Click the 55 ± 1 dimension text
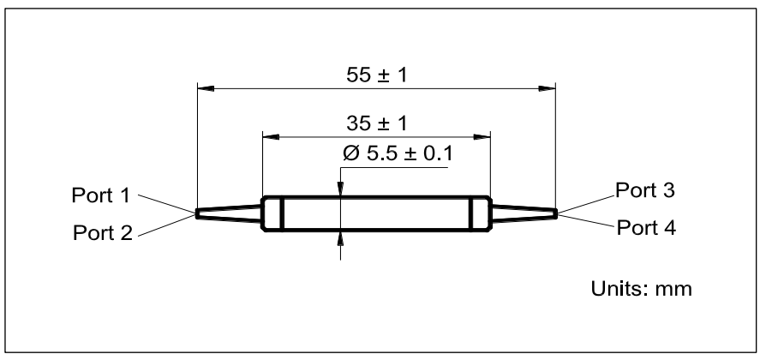pos(376,75)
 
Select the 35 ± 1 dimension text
pos(376,123)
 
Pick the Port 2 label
pos(102,232)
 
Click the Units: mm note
pos(642,289)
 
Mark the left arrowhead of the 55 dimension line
pos(205,87)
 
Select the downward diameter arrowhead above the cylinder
pos(341,190)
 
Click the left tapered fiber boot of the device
pos(228,213)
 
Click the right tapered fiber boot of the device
pos(524,213)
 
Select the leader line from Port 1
pos(166,204)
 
